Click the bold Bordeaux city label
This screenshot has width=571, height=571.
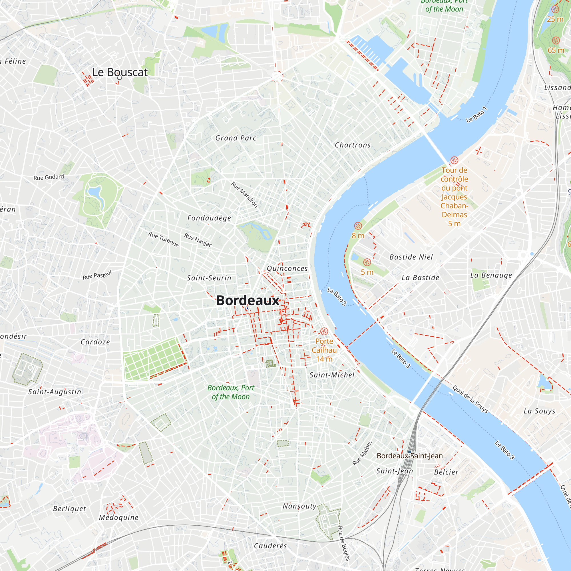click(x=248, y=301)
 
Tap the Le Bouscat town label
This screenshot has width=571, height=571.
click(x=120, y=72)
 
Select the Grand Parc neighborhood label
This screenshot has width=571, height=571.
click(x=236, y=138)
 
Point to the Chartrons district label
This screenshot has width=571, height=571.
click(x=352, y=145)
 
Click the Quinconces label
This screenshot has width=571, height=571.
click(x=287, y=268)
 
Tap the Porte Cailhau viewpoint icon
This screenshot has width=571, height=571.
click(x=324, y=331)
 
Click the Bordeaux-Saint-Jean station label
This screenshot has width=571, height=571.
click(x=410, y=456)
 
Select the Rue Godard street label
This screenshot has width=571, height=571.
click(x=49, y=177)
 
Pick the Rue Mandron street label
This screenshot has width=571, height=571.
click(x=244, y=195)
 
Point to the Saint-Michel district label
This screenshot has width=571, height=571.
click(x=331, y=375)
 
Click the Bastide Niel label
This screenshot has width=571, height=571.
click(x=411, y=257)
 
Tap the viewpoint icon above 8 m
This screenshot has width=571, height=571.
click(x=358, y=226)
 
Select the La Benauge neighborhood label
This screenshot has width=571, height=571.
click(x=491, y=275)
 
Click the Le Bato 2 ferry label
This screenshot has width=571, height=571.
click(x=337, y=297)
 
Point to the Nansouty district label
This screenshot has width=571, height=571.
click(x=299, y=506)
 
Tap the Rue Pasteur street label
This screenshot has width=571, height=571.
click(x=97, y=275)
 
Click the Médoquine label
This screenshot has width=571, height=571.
click(x=118, y=518)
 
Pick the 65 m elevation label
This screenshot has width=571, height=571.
click(x=556, y=50)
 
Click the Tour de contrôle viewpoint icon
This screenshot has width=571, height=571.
click(x=454, y=160)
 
